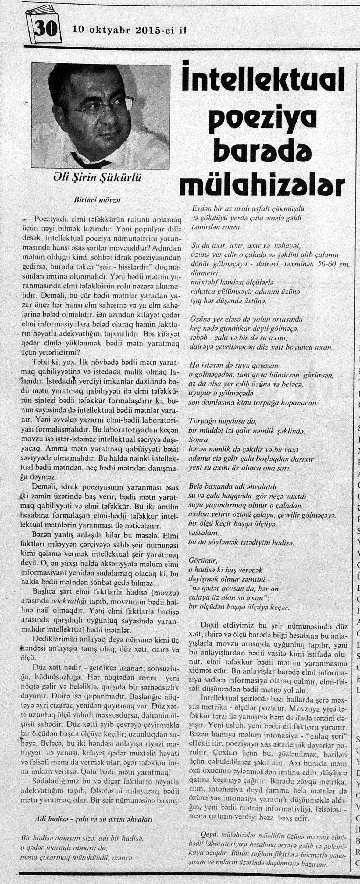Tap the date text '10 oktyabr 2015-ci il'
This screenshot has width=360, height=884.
click(x=129, y=30)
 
